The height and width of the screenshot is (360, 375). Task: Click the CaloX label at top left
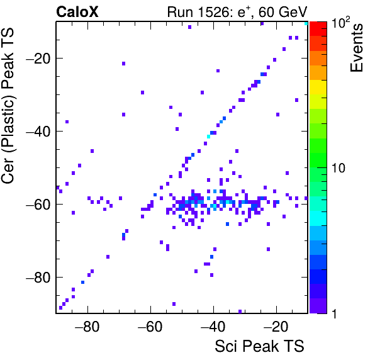coord(77,12)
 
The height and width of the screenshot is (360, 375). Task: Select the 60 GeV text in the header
coord(283,12)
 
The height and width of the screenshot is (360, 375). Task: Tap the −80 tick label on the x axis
coord(87,327)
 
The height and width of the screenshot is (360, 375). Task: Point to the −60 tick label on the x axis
coord(150,327)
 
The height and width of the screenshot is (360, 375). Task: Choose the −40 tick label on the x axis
coord(213,327)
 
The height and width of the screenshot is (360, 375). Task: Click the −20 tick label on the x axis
coord(276,327)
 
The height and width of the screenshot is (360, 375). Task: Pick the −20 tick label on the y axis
coord(38,59)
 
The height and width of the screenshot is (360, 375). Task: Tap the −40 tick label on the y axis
coord(38,132)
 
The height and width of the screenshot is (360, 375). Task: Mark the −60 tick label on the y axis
coord(38,205)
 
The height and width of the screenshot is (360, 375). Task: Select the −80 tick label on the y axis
coord(38,277)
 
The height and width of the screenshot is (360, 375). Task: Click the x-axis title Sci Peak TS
coord(259,346)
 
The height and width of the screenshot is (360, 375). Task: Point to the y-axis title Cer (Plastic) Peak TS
coord(8,106)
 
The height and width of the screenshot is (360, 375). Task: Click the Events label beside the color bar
coord(357,48)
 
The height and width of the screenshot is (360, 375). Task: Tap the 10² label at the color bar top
coord(340,23)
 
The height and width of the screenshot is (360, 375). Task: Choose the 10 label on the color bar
coord(339,168)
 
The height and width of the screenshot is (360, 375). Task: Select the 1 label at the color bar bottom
coord(334,313)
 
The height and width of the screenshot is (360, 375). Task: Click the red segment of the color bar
coord(318,29)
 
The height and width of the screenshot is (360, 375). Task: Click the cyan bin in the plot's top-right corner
coord(306,23)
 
